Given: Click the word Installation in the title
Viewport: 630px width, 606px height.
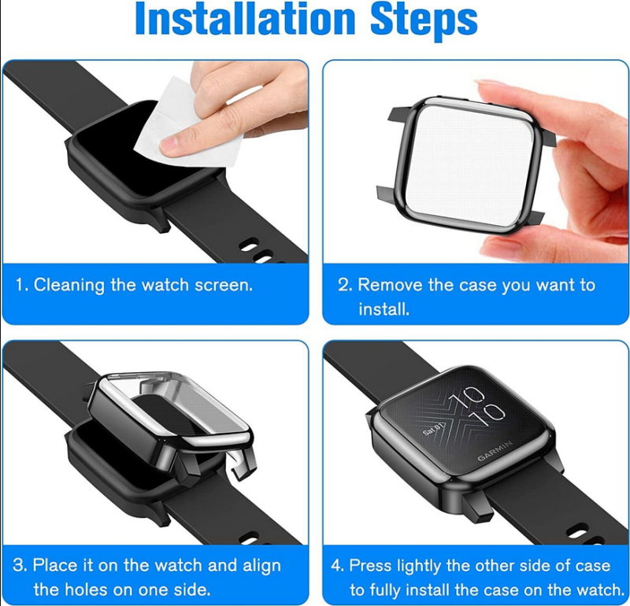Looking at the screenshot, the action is coord(245,19).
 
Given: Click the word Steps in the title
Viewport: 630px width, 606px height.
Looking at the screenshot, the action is coord(424,21).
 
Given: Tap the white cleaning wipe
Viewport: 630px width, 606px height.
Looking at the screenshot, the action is coord(189,120).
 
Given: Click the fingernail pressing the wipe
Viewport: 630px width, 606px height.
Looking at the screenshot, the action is coord(169,145).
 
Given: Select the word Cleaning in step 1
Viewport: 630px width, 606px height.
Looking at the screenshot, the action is coord(69,286).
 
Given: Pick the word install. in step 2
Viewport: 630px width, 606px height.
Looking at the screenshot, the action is coord(384,309).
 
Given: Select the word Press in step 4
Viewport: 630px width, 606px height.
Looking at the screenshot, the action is coord(370,565).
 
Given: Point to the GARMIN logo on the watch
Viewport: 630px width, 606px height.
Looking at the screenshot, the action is coord(495,451).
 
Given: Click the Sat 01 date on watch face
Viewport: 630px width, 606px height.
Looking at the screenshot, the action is coord(433,428).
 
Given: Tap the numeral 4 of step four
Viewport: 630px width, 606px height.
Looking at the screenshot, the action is coord(336,566).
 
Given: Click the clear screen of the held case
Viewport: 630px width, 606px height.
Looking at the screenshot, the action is coord(469,164).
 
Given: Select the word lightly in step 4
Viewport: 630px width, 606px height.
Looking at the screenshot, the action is coord(419,566).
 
